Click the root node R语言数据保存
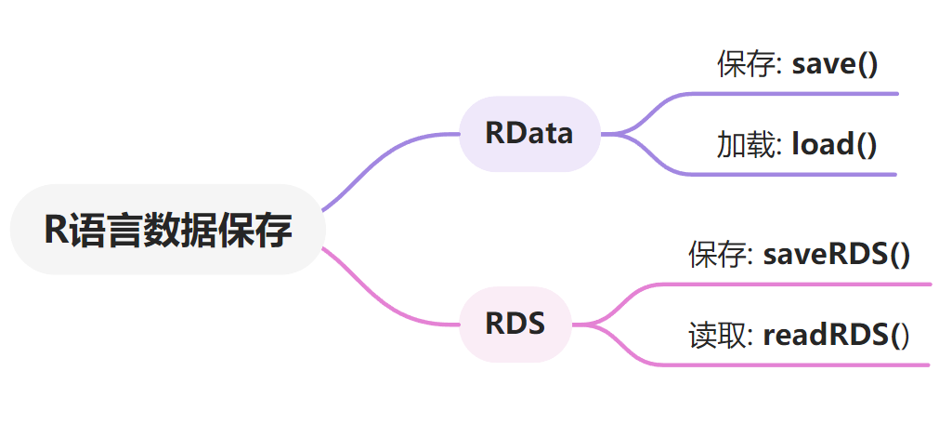pyautogui.click(x=167, y=230)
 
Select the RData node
pyautogui.click(x=528, y=134)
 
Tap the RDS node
pyautogui.click(x=515, y=325)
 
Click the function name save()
pyautogui.click(x=834, y=64)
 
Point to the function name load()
pyautogui.click(x=834, y=144)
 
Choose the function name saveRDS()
pyautogui.click(x=836, y=254)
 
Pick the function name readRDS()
pyautogui.click(x=836, y=335)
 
